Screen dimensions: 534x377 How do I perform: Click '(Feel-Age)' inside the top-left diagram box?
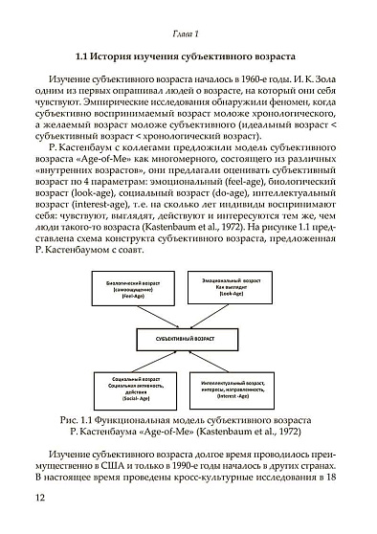pos(133,298)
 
